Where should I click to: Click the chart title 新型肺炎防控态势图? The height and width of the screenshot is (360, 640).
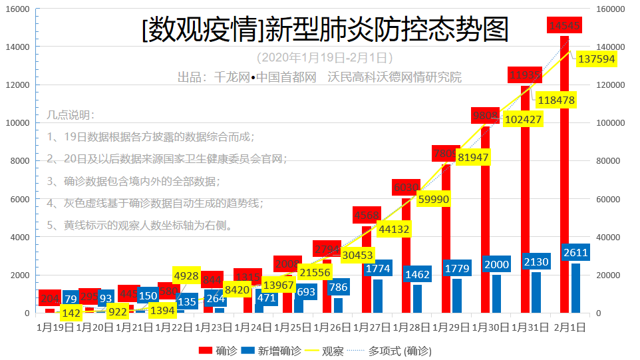[x=325, y=30]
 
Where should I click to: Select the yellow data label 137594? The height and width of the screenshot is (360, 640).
[x=597, y=59]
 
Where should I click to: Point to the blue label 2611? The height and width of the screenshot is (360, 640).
[x=575, y=252]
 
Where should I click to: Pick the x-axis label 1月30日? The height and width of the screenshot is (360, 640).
[x=492, y=327]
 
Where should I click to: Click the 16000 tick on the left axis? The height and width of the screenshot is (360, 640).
[x=17, y=9]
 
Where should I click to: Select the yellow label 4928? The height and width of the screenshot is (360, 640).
[x=187, y=275]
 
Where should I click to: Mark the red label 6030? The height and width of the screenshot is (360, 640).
[x=406, y=188]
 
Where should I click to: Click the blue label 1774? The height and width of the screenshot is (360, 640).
[x=378, y=269]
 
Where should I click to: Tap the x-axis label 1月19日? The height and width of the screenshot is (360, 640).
[x=55, y=327]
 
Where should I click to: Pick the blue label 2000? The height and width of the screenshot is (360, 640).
[x=496, y=264]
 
